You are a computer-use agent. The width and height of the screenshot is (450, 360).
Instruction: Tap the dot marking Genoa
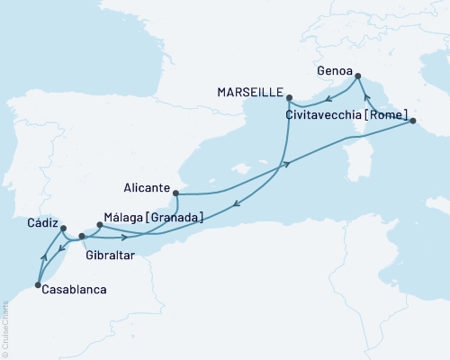[x=357, y=76]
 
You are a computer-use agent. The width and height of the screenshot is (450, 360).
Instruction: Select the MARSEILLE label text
[x=251, y=92]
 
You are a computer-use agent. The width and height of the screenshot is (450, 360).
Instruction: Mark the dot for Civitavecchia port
[x=410, y=121]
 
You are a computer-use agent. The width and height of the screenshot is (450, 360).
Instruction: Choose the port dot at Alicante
[x=176, y=193]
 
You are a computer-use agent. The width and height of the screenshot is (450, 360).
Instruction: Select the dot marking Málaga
[x=99, y=226]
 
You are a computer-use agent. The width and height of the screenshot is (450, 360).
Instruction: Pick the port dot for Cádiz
[x=63, y=229]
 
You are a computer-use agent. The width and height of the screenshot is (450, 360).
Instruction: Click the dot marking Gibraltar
[x=82, y=237]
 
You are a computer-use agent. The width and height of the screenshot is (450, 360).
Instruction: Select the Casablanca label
[x=71, y=290]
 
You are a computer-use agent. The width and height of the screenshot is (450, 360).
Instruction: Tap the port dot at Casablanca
[x=37, y=286]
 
